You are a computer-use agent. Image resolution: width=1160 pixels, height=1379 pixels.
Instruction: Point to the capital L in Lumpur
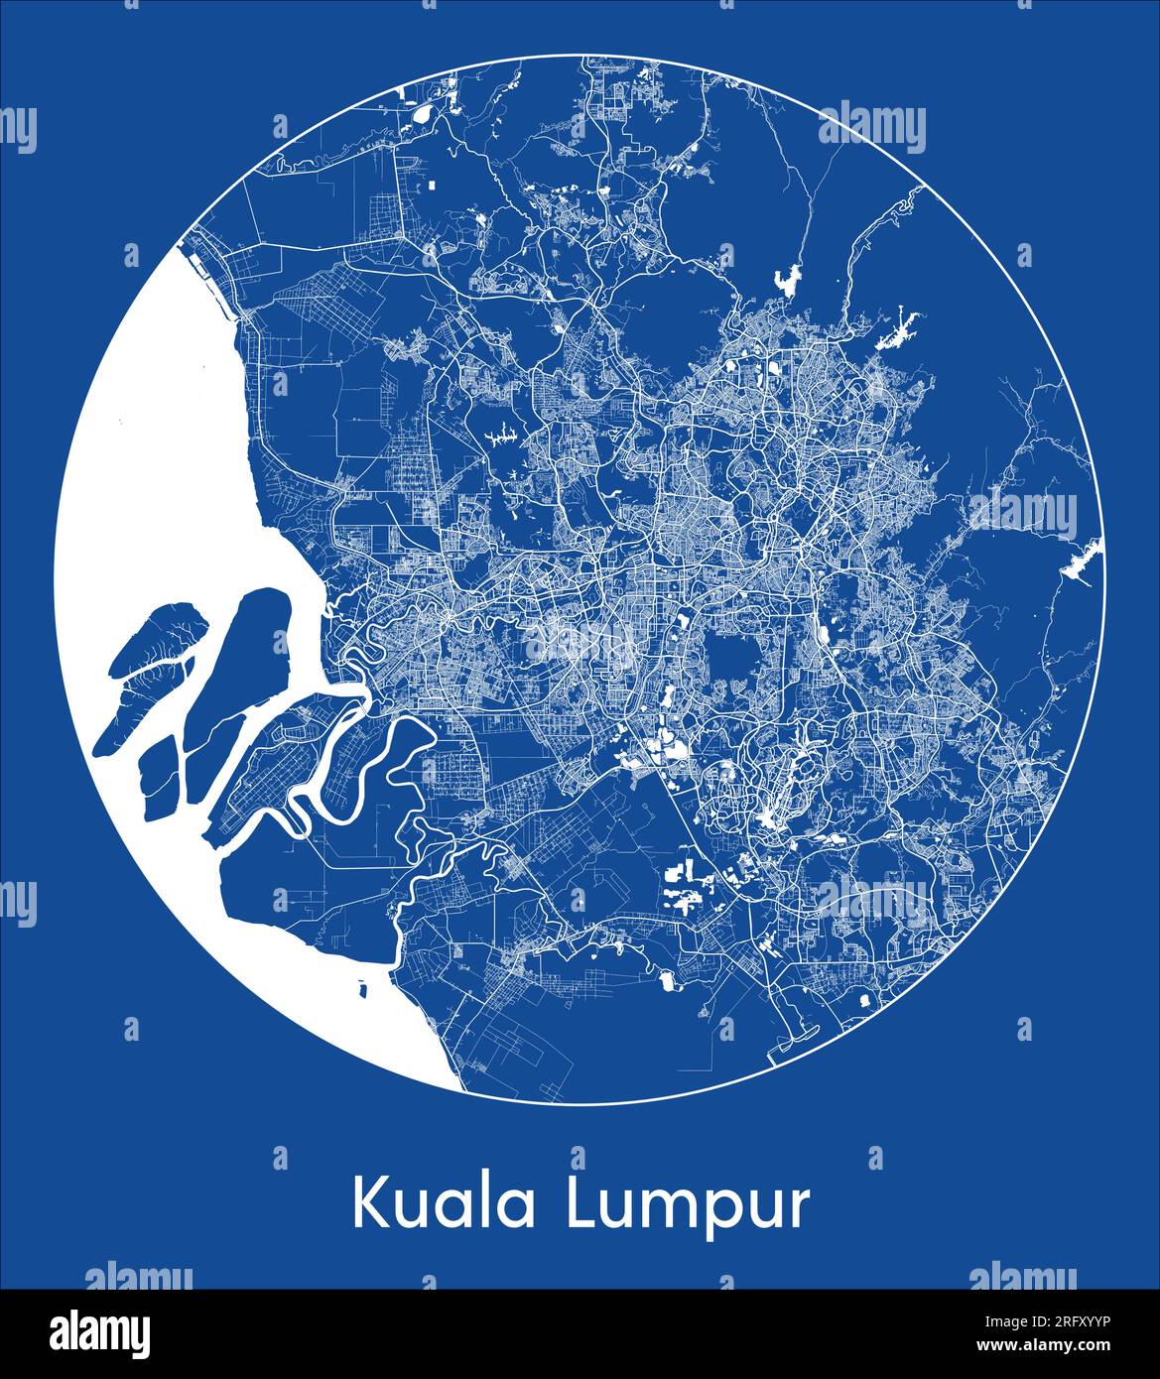point(580,1203)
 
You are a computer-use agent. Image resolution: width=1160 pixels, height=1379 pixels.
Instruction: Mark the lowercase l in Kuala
point(487,1200)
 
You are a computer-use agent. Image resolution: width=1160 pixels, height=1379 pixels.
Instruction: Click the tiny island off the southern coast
point(361,989)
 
